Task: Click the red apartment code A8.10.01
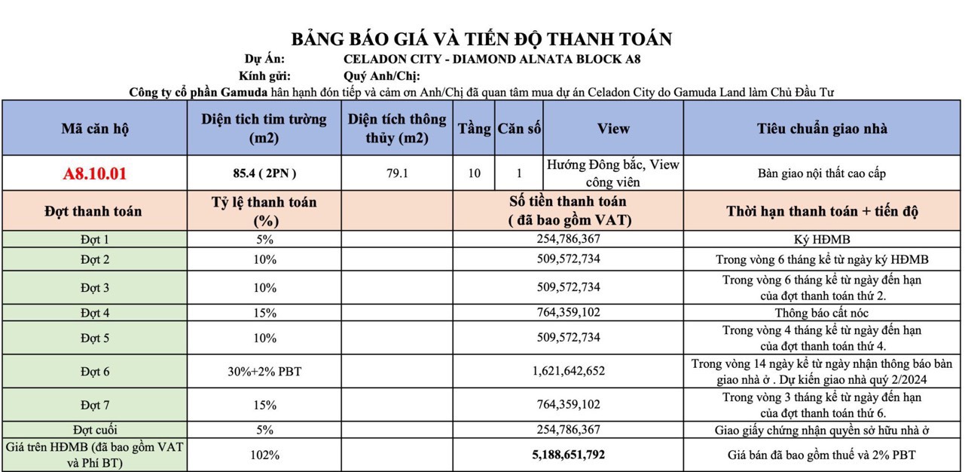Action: click(x=95, y=173)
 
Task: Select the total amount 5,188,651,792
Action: click(x=568, y=455)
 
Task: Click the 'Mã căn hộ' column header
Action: click(x=95, y=128)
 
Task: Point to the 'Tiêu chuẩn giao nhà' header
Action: click(x=822, y=128)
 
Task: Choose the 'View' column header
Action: click(x=613, y=128)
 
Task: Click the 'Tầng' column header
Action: click(x=474, y=128)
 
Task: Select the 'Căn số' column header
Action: click(x=519, y=128)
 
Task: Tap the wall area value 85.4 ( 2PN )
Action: click(x=264, y=173)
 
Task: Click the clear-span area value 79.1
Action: click(x=397, y=173)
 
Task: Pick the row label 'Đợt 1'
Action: click(x=95, y=239)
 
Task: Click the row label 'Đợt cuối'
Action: click(x=95, y=430)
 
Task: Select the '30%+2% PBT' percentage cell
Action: click(x=264, y=371)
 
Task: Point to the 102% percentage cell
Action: click(x=264, y=455)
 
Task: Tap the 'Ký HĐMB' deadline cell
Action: click(x=822, y=239)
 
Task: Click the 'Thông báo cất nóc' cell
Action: click(x=822, y=312)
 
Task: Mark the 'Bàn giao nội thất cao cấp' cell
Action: click(x=822, y=173)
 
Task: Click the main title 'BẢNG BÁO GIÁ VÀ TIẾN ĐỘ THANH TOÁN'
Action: click(x=481, y=39)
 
